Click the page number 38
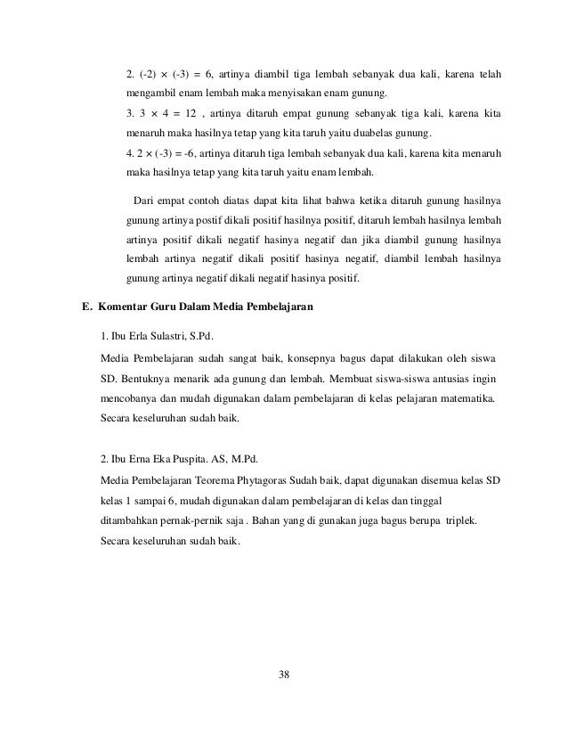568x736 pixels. [284, 673]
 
